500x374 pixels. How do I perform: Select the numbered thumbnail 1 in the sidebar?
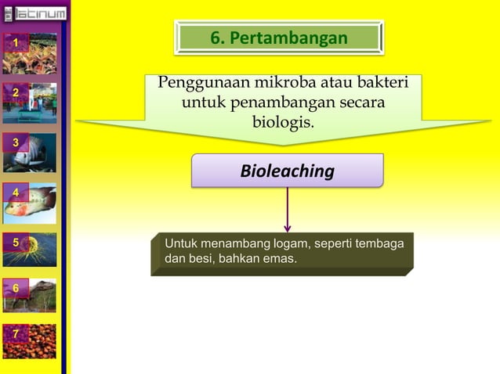pos(30,52)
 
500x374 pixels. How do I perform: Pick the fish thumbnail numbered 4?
pos(30,203)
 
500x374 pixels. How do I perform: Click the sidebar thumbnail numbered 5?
pos(30,250)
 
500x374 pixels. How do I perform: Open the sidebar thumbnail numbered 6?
pos(30,297)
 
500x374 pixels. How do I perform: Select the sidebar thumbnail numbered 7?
pos(30,342)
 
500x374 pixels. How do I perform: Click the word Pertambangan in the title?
pos(292,38)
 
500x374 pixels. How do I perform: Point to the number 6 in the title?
pos(216,38)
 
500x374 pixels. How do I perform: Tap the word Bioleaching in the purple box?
pos(287,171)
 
